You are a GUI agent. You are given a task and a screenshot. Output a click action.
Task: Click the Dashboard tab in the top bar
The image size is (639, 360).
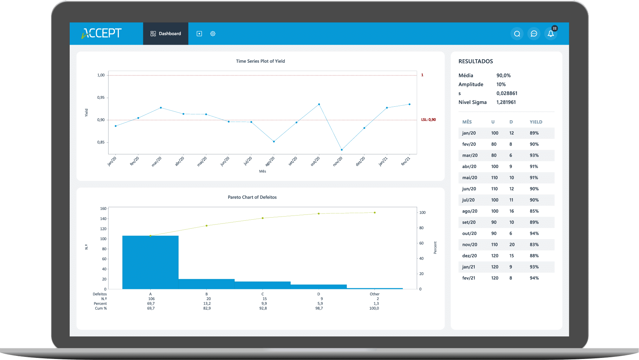pyautogui.click(x=166, y=34)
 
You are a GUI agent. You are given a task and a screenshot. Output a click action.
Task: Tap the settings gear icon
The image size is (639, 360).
pyautogui.click(x=213, y=34)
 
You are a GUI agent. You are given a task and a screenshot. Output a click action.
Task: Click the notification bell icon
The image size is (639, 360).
pyautogui.click(x=551, y=34)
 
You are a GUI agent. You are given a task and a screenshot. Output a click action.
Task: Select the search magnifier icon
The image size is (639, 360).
pyautogui.click(x=517, y=34)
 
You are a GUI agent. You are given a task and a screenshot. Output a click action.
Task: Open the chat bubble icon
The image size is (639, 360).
pyautogui.click(x=534, y=34)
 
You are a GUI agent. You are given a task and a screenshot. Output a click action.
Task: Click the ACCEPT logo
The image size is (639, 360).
pyautogui.click(x=102, y=33)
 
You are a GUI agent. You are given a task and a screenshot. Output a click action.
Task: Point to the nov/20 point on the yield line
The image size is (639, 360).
pyautogui.click(x=342, y=150)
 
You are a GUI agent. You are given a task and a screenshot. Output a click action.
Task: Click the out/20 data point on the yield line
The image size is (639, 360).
pyautogui.click(x=319, y=104)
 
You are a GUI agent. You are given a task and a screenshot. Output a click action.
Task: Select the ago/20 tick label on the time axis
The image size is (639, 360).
pyautogui.click(x=270, y=161)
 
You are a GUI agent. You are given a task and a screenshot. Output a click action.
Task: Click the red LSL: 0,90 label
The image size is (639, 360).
pyautogui.click(x=429, y=120)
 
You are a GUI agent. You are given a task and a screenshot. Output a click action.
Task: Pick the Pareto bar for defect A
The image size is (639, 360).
pyautogui.click(x=150, y=262)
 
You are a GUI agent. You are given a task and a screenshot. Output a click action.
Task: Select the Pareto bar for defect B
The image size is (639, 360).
pyautogui.click(x=207, y=284)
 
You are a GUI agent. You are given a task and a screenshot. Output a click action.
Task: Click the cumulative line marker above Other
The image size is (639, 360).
pyautogui.click(x=375, y=213)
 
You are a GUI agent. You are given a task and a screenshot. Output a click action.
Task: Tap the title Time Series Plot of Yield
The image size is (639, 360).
pyautogui.click(x=260, y=61)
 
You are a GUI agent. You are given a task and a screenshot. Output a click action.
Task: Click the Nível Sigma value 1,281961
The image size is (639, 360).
pyautogui.click(x=506, y=102)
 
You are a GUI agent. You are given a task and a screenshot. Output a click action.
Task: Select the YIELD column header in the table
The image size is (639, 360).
pyautogui.click(x=536, y=122)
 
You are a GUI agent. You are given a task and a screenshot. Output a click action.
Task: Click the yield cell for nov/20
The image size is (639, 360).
pyautogui.click(x=534, y=245)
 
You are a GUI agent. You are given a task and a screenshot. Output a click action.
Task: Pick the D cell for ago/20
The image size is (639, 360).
pyautogui.click(x=511, y=211)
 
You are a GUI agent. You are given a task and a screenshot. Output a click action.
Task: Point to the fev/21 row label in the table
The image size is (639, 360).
pyautogui.click(x=469, y=278)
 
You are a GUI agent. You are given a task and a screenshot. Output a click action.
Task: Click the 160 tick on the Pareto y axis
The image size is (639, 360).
pyautogui.click(x=103, y=209)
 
